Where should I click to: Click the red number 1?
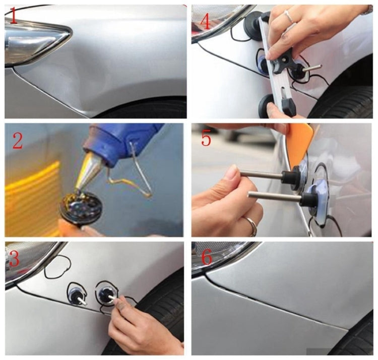(x=14, y=16)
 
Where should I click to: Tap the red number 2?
(x=17, y=141)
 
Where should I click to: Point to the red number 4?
(x=204, y=22)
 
